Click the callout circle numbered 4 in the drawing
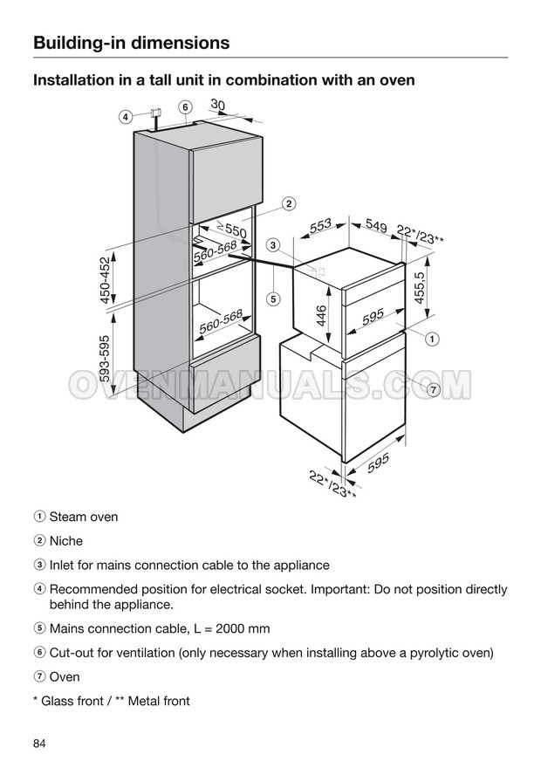click(x=126, y=117)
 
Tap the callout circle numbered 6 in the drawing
click(x=185, y=107)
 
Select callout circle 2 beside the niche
click(x=290, y=203)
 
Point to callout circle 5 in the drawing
click(x=273, y=298)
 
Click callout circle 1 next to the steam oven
click(x=432, y=339)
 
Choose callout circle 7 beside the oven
click(x=433, y=390)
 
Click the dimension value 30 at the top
click(x=218, y=105)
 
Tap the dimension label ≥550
click(x=231, y=230)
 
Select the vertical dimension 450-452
click(x=106, y=279)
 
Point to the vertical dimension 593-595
click(x=105, y=358)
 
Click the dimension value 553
click(x=321, y=226)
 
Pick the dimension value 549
click(x=376, y=226)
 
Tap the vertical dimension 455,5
click(x=420, y=287)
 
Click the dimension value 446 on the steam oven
click(x=321, y=316)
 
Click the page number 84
click(x=39, y=744)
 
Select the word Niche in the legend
click(x=66, y=541)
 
